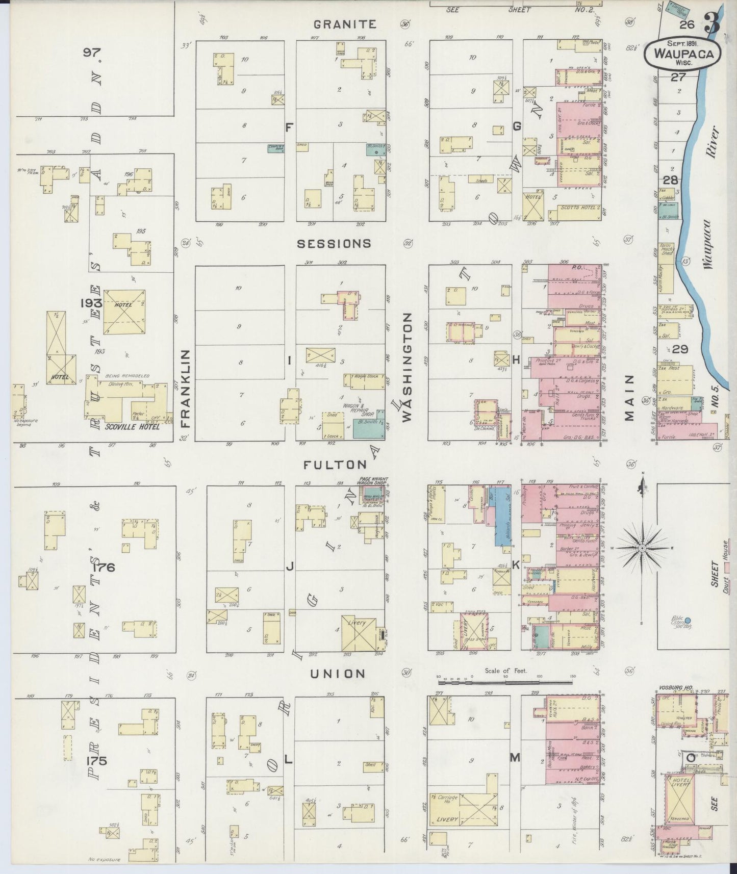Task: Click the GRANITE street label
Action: [345, 24]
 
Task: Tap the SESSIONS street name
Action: [334, 244]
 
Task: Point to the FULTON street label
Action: [335, 465]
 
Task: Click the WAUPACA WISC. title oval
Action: [682, 53]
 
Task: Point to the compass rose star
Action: [643, 548]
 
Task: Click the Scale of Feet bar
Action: [505, 679]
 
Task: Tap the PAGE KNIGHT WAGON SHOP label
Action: [373, 482]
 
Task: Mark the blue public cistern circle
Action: [687, 621]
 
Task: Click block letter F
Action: [289, 127]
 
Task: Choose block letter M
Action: [515, 758]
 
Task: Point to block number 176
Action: [104, 567]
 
